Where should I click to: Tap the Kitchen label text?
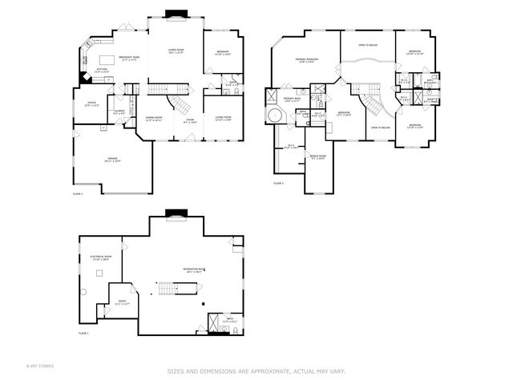[103, 71]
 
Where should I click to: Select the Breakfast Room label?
[129, 58]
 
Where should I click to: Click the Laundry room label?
[119, 112]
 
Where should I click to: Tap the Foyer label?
[190, 121]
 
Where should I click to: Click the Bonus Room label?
[317, 157]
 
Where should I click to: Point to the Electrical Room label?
[99, 257]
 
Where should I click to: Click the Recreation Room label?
[192, 270]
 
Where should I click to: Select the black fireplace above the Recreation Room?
[174, 213]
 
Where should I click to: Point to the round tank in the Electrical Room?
[84, 291]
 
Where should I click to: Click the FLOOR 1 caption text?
[84, 333]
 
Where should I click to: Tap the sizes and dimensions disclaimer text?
[256, 371]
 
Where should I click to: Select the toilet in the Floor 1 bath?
[236, 329]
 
